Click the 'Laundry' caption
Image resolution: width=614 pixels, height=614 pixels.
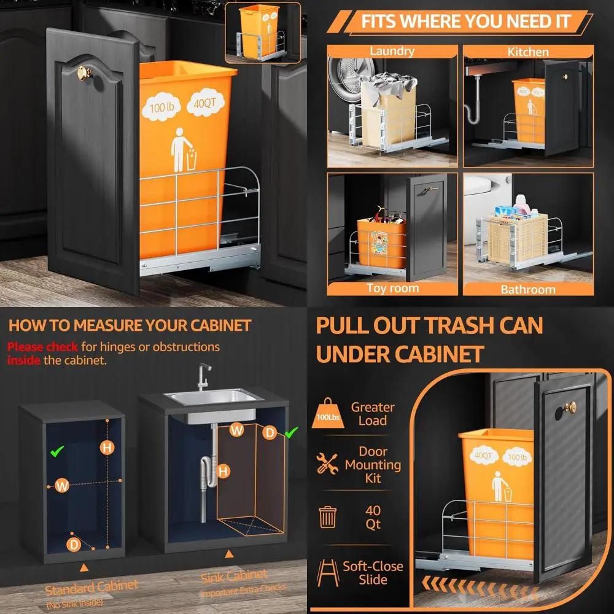coord(392,52)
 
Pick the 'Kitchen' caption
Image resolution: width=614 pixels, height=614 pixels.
coord(527,52)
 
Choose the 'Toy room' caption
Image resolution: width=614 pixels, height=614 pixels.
coord(392,288)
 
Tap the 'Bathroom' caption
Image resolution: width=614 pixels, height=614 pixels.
coord(528,289)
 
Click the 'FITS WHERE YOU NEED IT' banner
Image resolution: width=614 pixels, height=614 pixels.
coord(465,22)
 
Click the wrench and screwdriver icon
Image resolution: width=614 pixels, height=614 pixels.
coord(327,463)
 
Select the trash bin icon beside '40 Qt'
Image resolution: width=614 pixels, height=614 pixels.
coord(327,517)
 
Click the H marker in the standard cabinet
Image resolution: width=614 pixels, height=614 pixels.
coord(107,448)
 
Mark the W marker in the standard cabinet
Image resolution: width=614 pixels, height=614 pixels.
coord(61,485)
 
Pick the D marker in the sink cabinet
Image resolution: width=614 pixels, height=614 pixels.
coord(270,433)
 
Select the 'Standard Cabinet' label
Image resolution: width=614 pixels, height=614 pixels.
coord(91,586)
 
